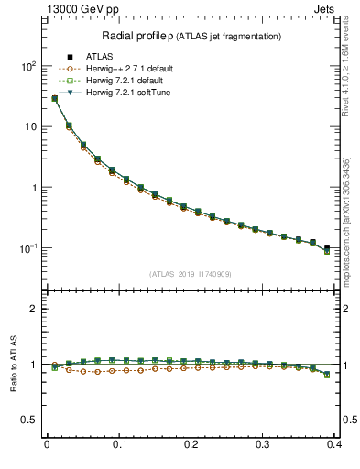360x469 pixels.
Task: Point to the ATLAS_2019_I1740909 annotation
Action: click(x=191, y=274)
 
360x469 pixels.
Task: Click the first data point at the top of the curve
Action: click(x=54, y=98)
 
